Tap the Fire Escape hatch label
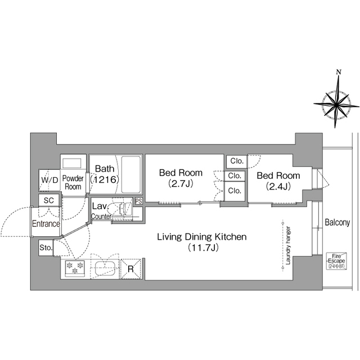coord(336,261)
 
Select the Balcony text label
coord(337,223)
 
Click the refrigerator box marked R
coord(130,269)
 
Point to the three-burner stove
coord(74,268)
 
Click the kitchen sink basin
coord(105,269)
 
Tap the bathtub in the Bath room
coord(130,175)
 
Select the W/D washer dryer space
coord(49,180)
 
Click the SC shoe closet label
coord(49,200)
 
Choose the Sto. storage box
coord(46,247)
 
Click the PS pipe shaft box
coord(138,201)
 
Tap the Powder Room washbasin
coord(72,164)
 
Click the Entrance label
coord(46,224)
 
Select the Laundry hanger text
coord(289,245)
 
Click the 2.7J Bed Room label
coord(181,178)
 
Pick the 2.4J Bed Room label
coord(278,181)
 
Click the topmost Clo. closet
coord(236,161)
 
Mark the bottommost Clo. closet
coord(235,191)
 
